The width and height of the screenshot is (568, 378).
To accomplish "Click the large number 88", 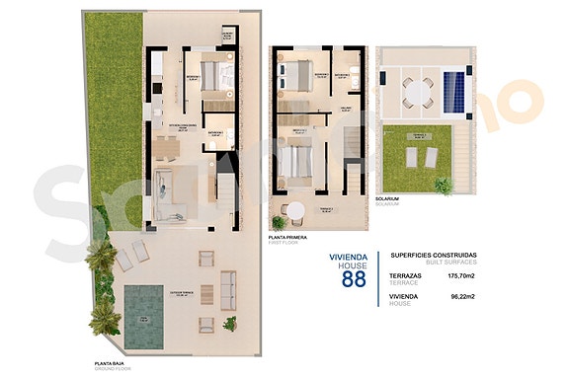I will [x=353, y=279].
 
